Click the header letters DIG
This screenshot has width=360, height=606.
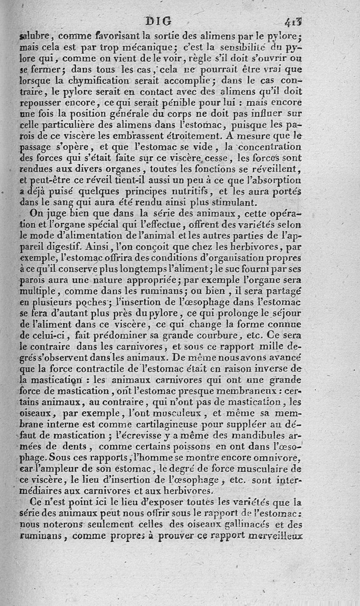pos(159,21)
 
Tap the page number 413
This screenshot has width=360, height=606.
pos(296,22)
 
